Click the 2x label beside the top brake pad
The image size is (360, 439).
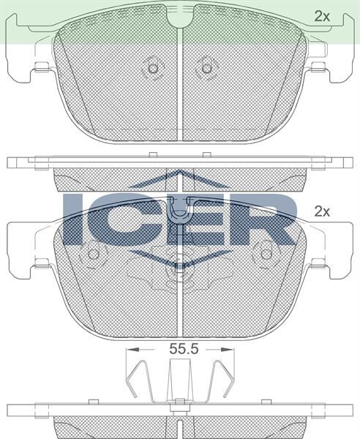tap(322, 16)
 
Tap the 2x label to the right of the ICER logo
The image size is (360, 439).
tap(322, 211)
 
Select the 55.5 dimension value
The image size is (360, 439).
tap(184, 349)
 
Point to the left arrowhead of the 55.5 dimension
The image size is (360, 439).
tap(132, 349)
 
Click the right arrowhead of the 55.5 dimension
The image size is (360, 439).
tap(228, 349)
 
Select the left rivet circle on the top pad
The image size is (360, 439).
tap(153, 68)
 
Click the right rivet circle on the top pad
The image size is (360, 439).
tap(207, 68)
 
